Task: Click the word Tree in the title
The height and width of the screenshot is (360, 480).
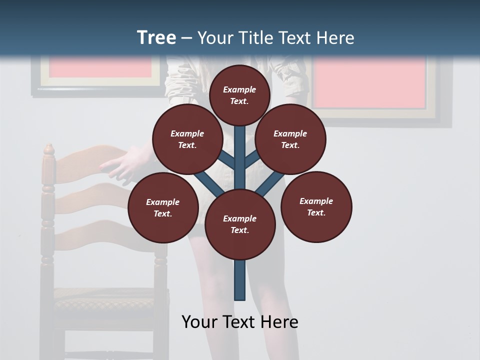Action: tap(156, 38)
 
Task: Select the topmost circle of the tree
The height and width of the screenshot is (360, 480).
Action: tap(239, 94)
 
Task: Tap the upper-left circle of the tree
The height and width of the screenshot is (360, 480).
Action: tap(187, 139)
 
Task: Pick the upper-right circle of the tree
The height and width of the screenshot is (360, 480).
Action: tap(290, 139)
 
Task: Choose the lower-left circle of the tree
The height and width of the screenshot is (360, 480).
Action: tap(163, 208)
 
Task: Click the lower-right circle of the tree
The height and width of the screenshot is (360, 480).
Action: tap(316, 207)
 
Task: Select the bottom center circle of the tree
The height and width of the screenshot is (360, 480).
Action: tap(240, 224)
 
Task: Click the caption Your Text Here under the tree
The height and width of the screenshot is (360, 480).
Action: tap(240, 322)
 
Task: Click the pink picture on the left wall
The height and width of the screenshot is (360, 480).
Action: tap(100, 67)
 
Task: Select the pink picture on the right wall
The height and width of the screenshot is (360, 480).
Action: tap(370, 82)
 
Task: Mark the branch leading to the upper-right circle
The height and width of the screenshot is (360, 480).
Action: tap(252, 160)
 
